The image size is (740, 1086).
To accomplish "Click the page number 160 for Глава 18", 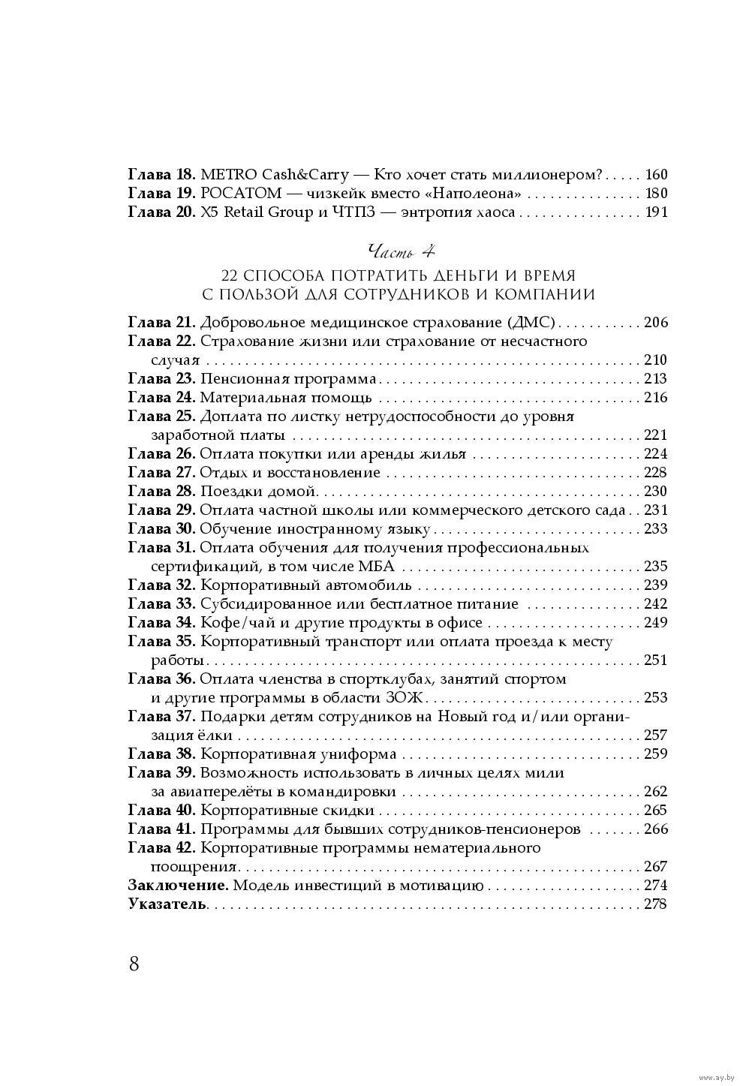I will pos(655,175).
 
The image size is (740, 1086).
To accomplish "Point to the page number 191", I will pos(655,212).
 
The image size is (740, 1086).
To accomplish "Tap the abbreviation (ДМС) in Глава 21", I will pos(531,323).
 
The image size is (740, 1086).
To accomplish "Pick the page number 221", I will pos(655,435).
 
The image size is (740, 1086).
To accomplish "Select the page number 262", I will pos(655,792).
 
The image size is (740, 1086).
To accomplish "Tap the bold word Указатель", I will pos(167,904).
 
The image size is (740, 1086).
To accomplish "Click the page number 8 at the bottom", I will pos(134,964).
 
